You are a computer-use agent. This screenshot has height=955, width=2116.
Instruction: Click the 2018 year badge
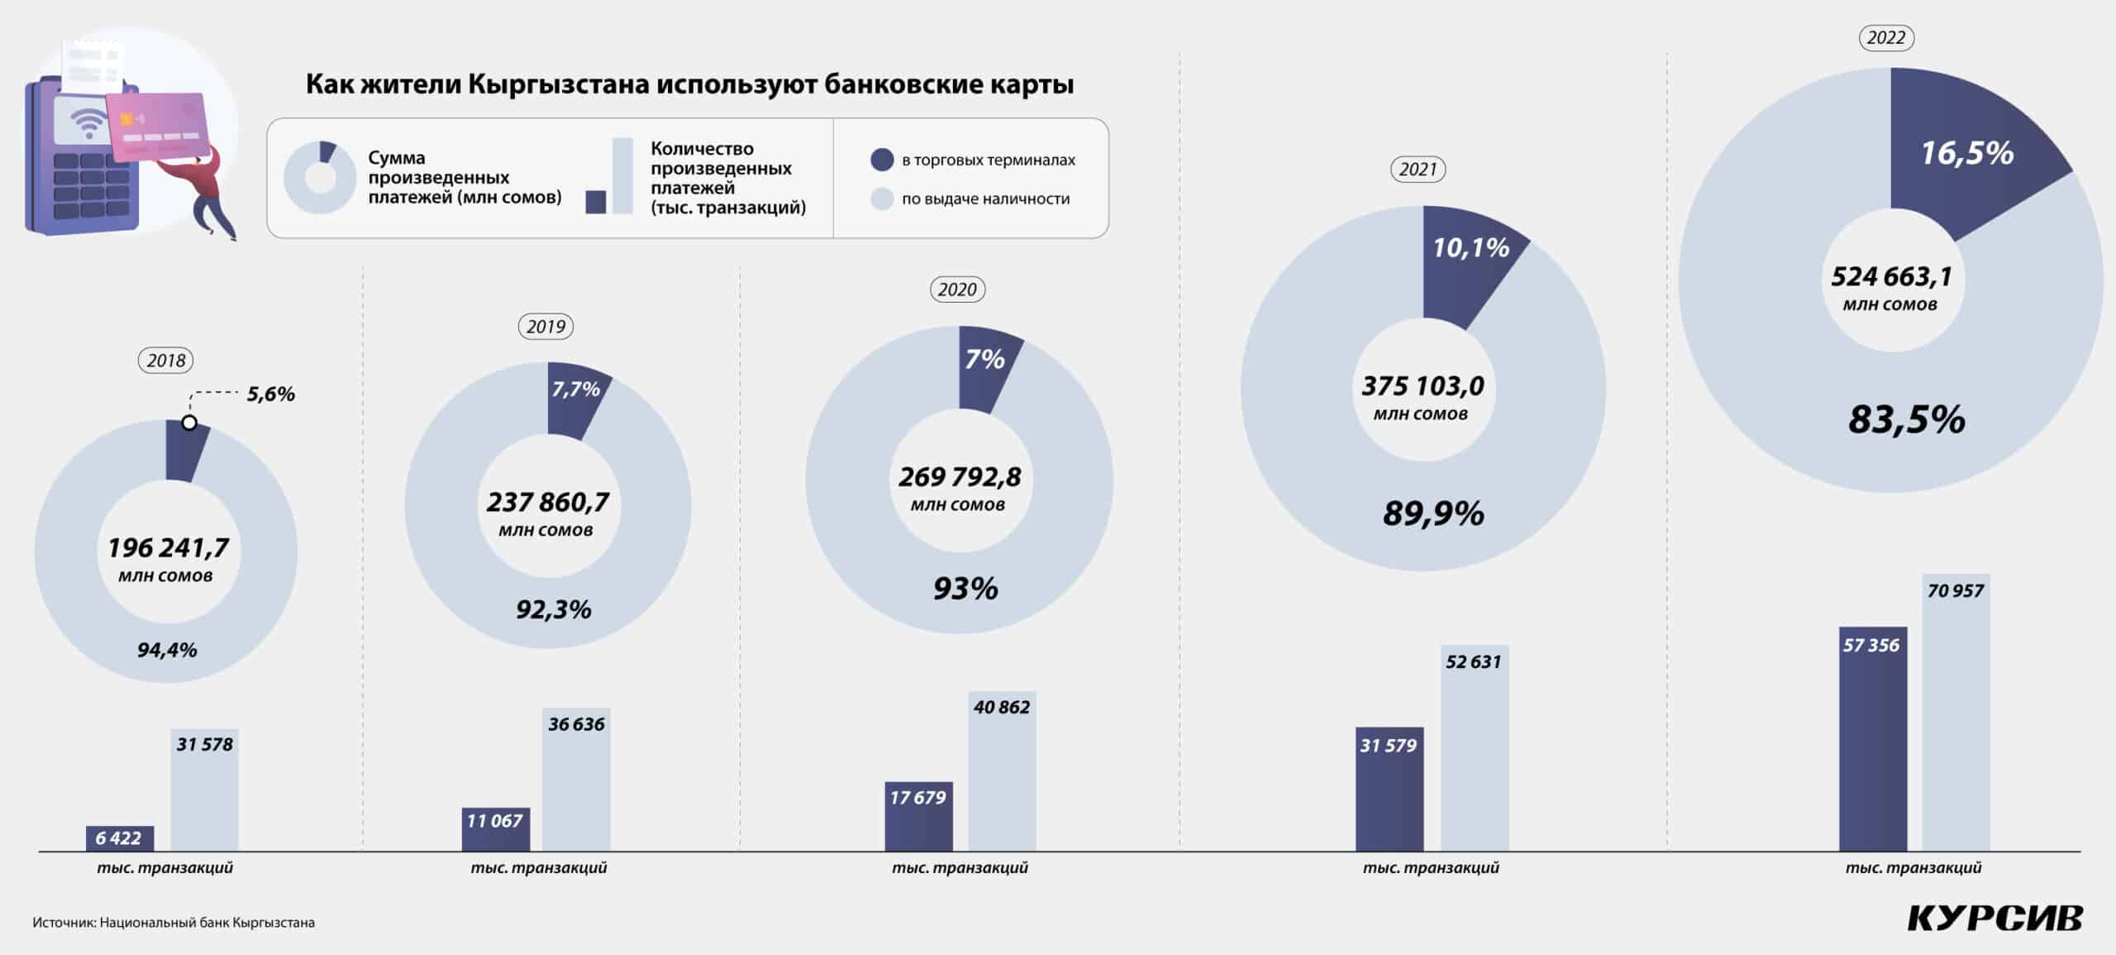click(166, 361)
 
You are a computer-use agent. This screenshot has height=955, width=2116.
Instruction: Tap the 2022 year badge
click(1885, 38)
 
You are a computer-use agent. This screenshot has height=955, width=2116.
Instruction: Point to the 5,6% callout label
click(270, 394)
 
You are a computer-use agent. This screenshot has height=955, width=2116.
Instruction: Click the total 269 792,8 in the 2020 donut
click(960, 477)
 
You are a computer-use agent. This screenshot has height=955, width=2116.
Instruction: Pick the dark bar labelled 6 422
click(119, 838)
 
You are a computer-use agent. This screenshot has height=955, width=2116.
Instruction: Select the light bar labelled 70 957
click(1956, 711)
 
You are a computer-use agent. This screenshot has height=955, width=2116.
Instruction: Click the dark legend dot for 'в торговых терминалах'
click(882, 160)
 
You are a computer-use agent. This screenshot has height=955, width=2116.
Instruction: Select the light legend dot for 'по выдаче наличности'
click(882, 198)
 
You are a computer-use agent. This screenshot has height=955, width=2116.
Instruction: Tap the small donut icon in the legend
click(321, 177)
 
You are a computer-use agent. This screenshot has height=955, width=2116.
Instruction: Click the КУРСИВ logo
click(1994, 918)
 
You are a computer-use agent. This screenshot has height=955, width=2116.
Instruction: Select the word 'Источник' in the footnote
click(63, 923)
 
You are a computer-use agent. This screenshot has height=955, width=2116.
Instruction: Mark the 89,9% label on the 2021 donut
click(1433, 514)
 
